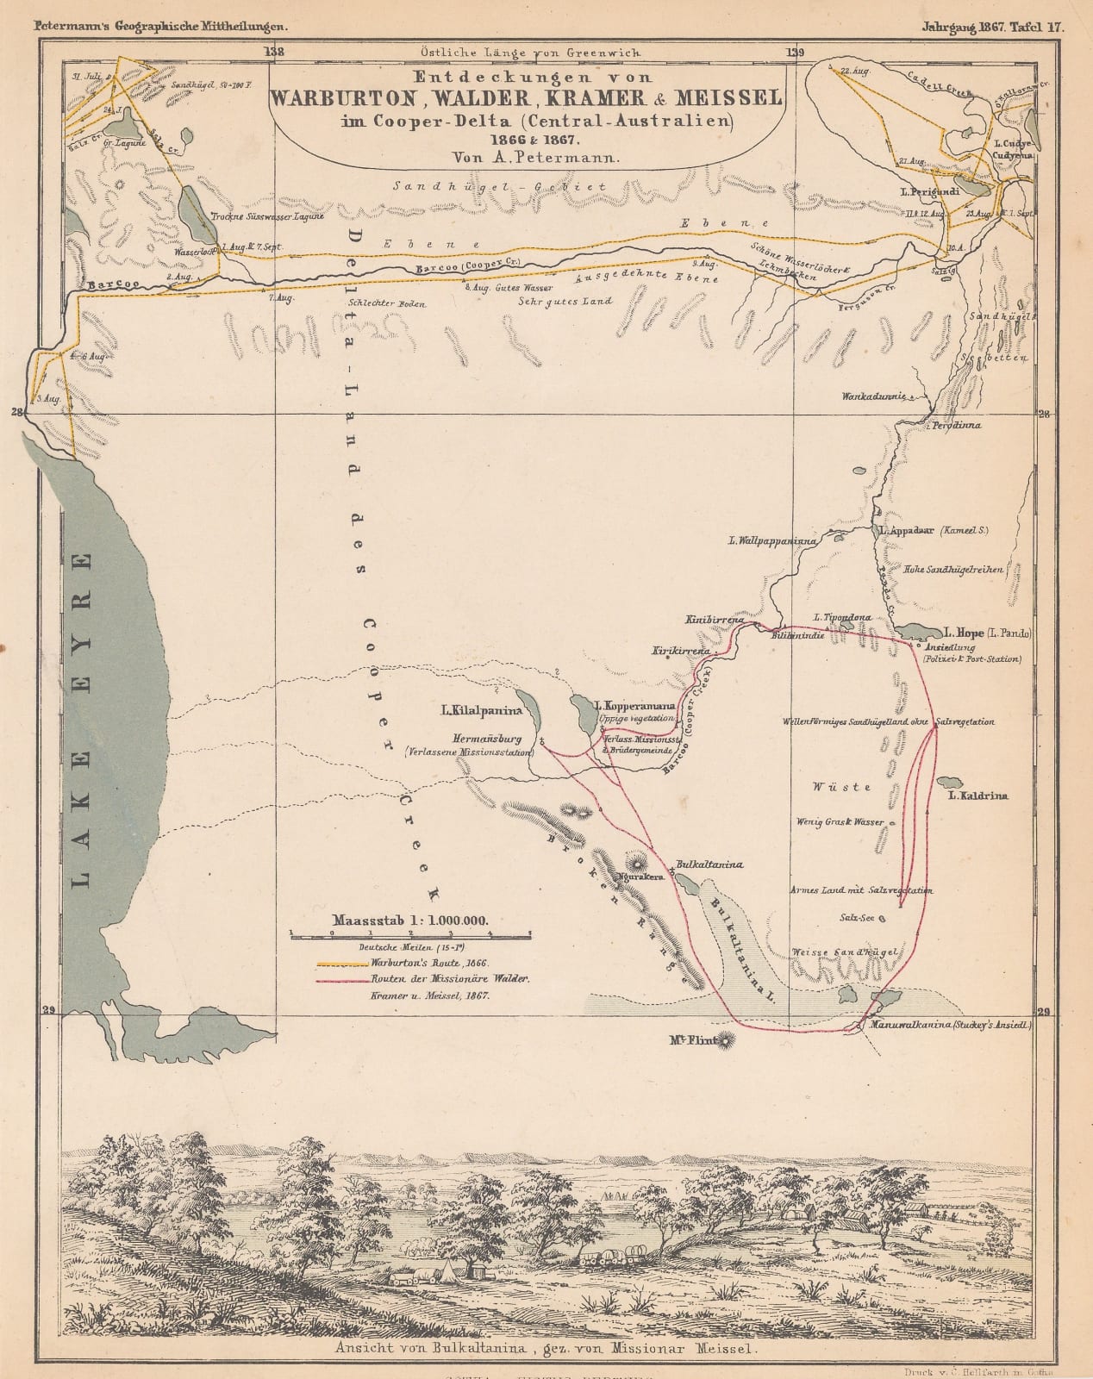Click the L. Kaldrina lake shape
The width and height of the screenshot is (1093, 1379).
pyautogui.click(x=949, y=783)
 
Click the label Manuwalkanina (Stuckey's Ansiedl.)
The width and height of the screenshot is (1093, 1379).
pyautogui.click(x=950, y=1026)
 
